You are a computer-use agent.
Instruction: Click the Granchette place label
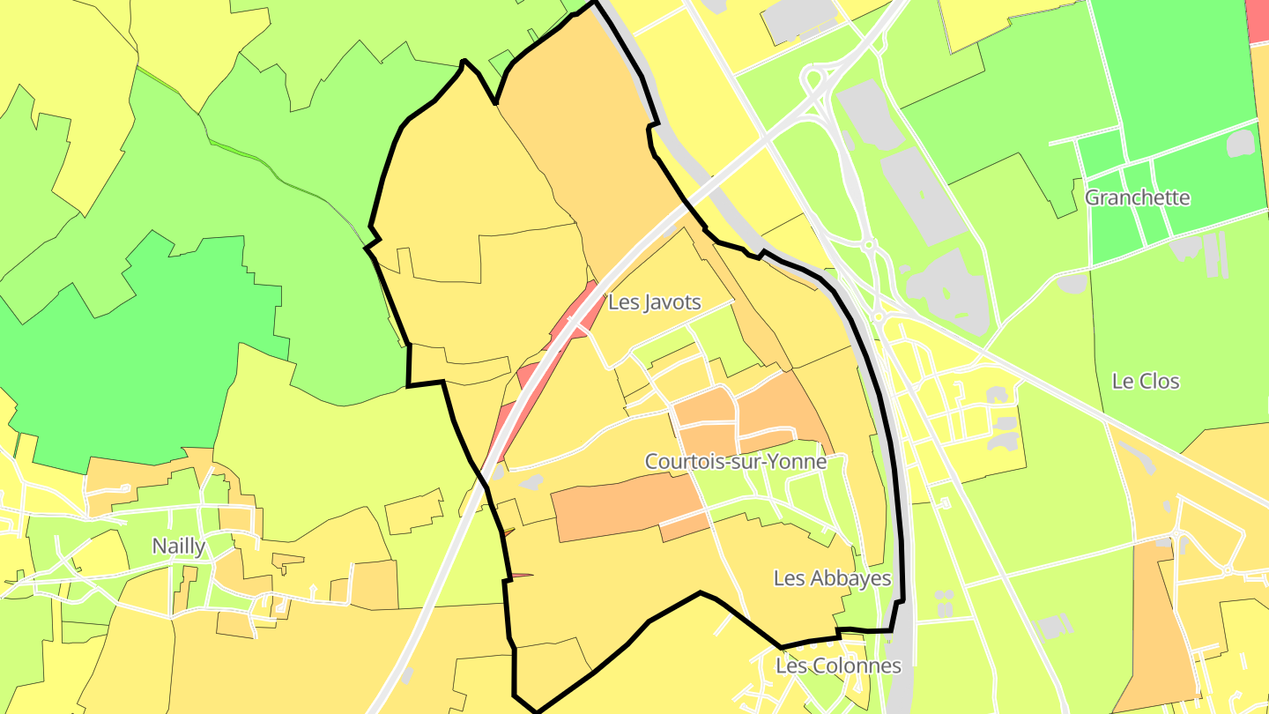(1137, 197)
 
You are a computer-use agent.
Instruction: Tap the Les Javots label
(654, 302)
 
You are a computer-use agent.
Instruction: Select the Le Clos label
(1146, 382)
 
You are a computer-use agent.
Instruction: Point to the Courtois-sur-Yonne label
(735, 461)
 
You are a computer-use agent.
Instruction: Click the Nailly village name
(179, 546)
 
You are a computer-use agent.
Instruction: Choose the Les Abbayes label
(832, 578)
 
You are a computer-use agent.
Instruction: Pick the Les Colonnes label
(838, 666)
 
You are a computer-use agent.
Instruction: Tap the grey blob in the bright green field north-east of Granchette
(1240, 143)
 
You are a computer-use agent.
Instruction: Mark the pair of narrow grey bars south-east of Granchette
(1213, 253)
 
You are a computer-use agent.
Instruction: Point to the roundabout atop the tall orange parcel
(1176, 535)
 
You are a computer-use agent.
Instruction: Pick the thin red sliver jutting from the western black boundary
(520, 576)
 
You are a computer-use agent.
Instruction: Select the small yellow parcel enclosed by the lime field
(414, 511)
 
